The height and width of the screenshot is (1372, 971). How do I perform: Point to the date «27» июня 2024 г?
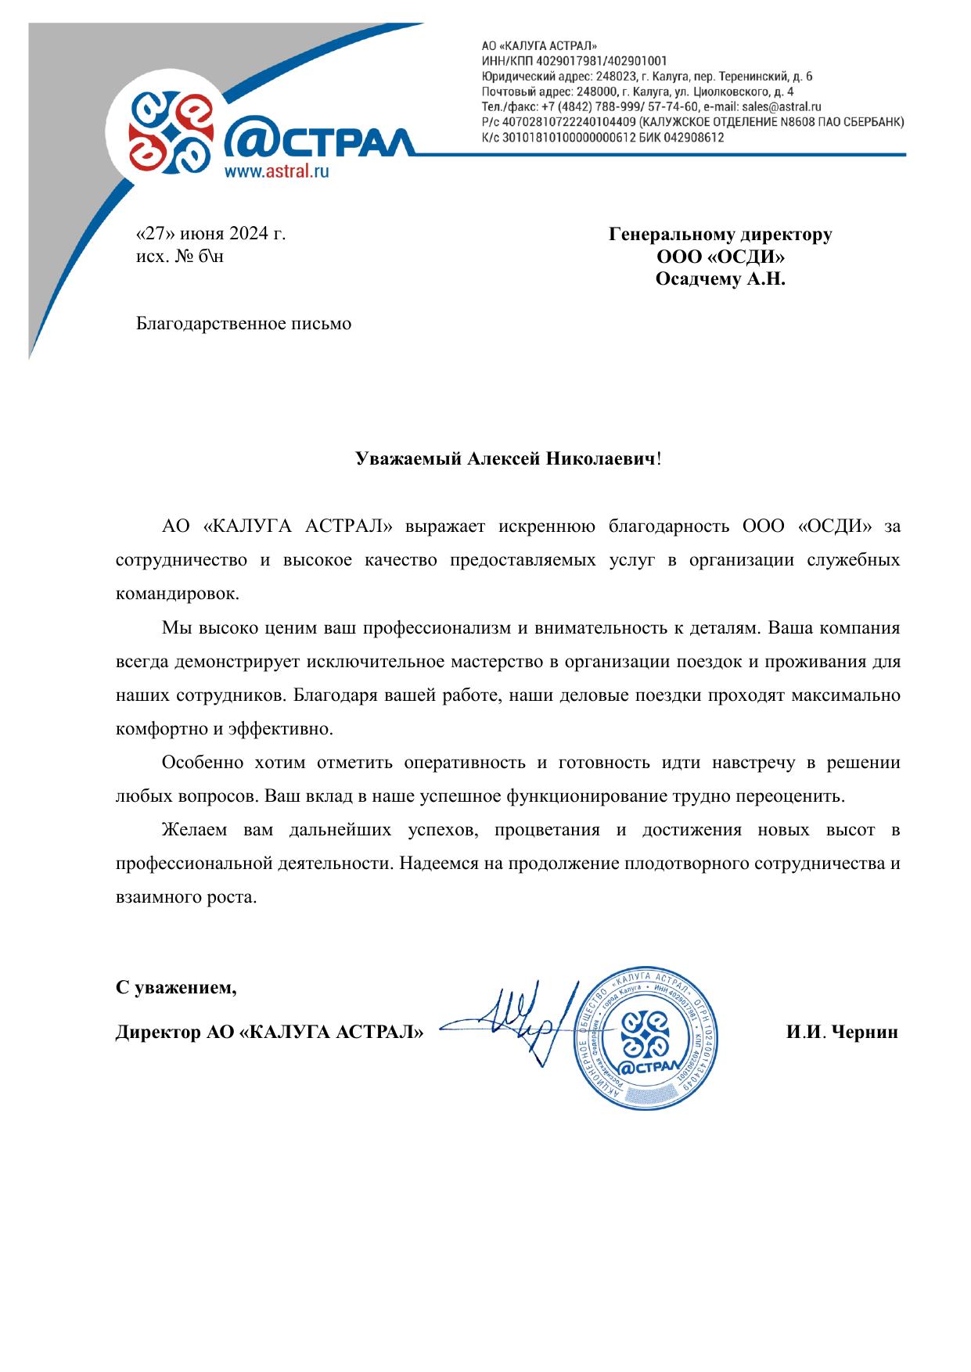click(x=211, y=233)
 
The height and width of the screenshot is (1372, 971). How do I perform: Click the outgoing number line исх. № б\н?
click(x=180, y=256)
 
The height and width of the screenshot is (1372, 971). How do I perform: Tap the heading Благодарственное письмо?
click(x=244, y=323)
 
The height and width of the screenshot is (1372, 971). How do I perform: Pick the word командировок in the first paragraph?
click(x=177, y=593)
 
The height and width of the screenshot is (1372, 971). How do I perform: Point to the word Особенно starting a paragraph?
click(x=200, y=763)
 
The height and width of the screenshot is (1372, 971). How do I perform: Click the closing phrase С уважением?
click(x=176, y=988)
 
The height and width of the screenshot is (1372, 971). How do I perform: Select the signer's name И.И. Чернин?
click(x=842, y=1033)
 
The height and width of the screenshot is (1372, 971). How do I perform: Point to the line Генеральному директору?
click(x=720, y=234)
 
